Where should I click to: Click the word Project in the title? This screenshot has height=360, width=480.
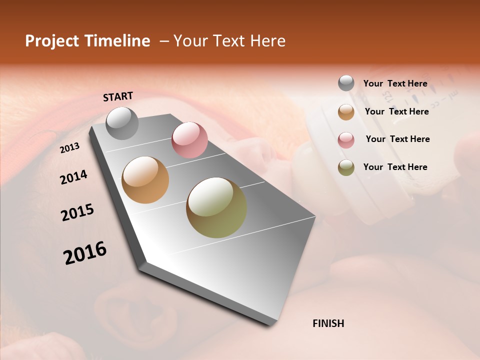coord(52,41)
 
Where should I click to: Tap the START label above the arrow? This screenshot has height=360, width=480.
coord(118,96)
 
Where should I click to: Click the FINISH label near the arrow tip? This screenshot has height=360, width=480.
coord(328,323)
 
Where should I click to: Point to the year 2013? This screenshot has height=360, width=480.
coord(70,147)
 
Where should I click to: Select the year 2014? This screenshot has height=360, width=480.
coord(73,177)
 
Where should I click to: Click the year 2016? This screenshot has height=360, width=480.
coord(85,252)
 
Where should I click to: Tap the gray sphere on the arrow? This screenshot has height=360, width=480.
coord(122,123)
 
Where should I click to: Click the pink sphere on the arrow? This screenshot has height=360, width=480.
coord(189,140)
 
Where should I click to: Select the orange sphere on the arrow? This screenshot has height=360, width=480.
coord(145,180)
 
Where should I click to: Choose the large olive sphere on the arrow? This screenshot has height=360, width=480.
coord(216,207)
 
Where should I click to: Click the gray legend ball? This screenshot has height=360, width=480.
coord(346,83)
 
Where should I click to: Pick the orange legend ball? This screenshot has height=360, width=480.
coord(346,111)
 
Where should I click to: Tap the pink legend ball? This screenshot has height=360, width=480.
coord(346,139)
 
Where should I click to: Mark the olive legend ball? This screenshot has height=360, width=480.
coord(346,167)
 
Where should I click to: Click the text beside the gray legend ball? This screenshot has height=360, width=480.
coord(395,83)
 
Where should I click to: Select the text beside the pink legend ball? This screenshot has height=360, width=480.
coord(397,139)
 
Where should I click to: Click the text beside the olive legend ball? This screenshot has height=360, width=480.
coord(395,167)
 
